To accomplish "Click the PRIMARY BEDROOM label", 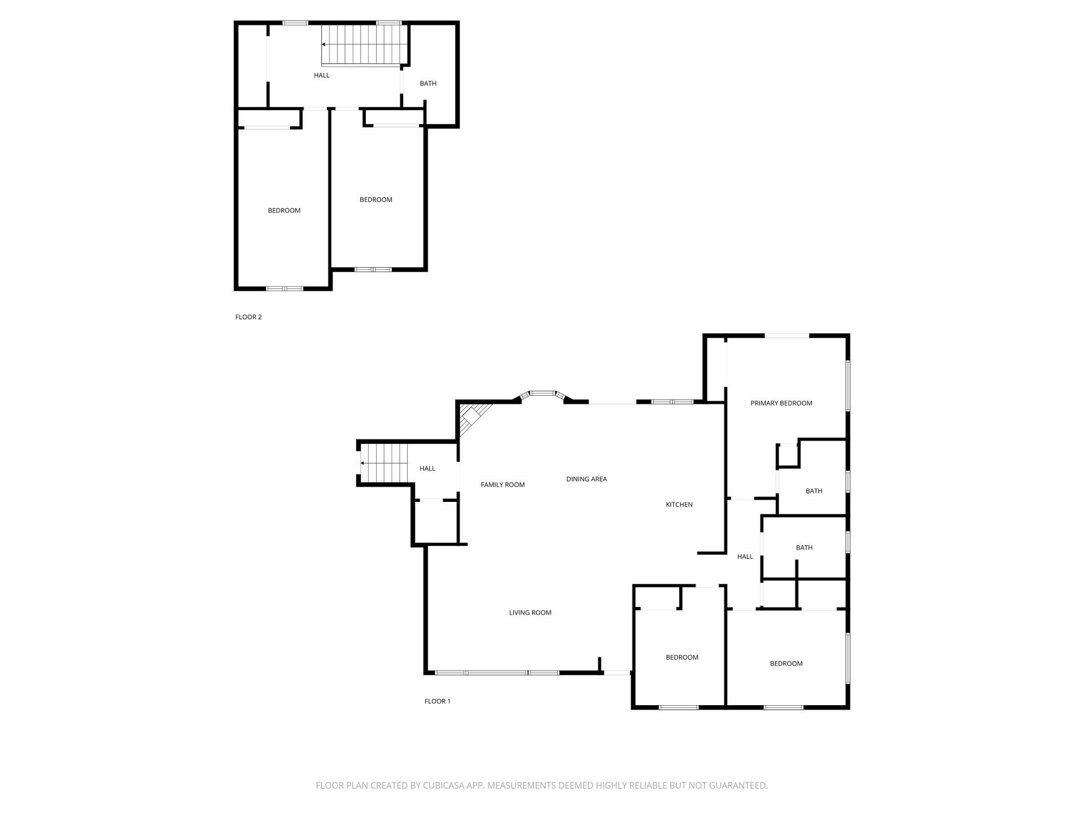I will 781,403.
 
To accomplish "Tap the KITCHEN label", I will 679,504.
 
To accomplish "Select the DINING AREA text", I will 586,479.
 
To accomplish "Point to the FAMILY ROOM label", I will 502,484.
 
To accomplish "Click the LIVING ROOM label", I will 530,613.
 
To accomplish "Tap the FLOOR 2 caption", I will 248,317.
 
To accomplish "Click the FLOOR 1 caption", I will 437,701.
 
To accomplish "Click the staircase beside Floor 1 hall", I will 384,463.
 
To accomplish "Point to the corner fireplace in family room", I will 472,418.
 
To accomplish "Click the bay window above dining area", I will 543,394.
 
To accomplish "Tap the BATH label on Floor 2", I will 428,84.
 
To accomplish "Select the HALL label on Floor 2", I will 321,75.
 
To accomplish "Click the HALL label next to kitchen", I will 745,557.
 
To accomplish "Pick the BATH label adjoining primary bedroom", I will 814,491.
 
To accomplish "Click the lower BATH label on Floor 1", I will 804,548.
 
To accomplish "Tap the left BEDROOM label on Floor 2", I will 284,211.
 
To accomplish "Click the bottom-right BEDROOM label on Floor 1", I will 786,663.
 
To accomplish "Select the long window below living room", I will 497,672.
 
